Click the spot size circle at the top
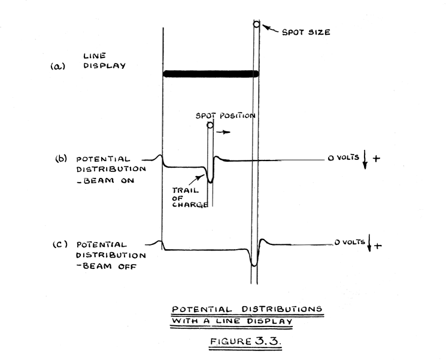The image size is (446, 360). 256,25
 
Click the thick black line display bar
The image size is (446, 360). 211,74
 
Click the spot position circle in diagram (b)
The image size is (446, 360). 210,125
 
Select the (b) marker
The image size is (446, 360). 60,159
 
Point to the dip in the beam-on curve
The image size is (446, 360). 210,179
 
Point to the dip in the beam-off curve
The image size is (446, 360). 254,262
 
